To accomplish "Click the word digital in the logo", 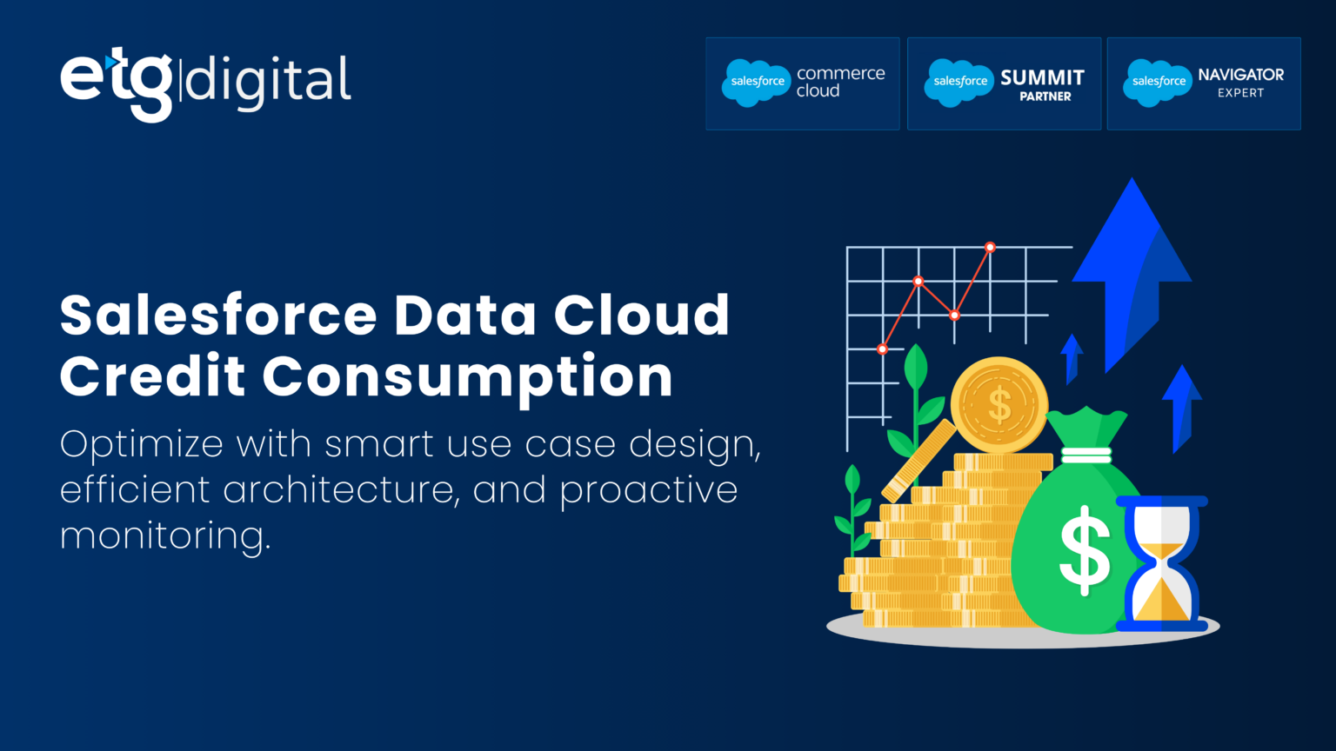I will [x=269, y=81].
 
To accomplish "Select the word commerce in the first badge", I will [x=840, y=74].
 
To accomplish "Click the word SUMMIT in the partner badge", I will [x=1042, y=77].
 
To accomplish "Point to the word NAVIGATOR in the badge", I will [x=1240, y=75].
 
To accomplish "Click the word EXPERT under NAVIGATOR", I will [x=1240, y=93].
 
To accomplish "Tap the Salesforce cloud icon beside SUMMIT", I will [x=959, y=83].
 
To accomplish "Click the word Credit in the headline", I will [x=152, y=376].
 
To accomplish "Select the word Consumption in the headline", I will [x=468, y=377].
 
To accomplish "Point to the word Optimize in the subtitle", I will [x=142, y=445].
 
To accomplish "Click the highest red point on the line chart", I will [x=990, y=248].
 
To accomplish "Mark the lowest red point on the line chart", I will [x=882, y=349].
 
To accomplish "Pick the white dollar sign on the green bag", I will [x=1085, y=549].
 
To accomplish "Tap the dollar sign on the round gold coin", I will [x=999, y=405].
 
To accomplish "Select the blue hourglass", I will [x=1161, y=563].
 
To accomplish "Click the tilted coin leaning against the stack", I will [x=918, y=461].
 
